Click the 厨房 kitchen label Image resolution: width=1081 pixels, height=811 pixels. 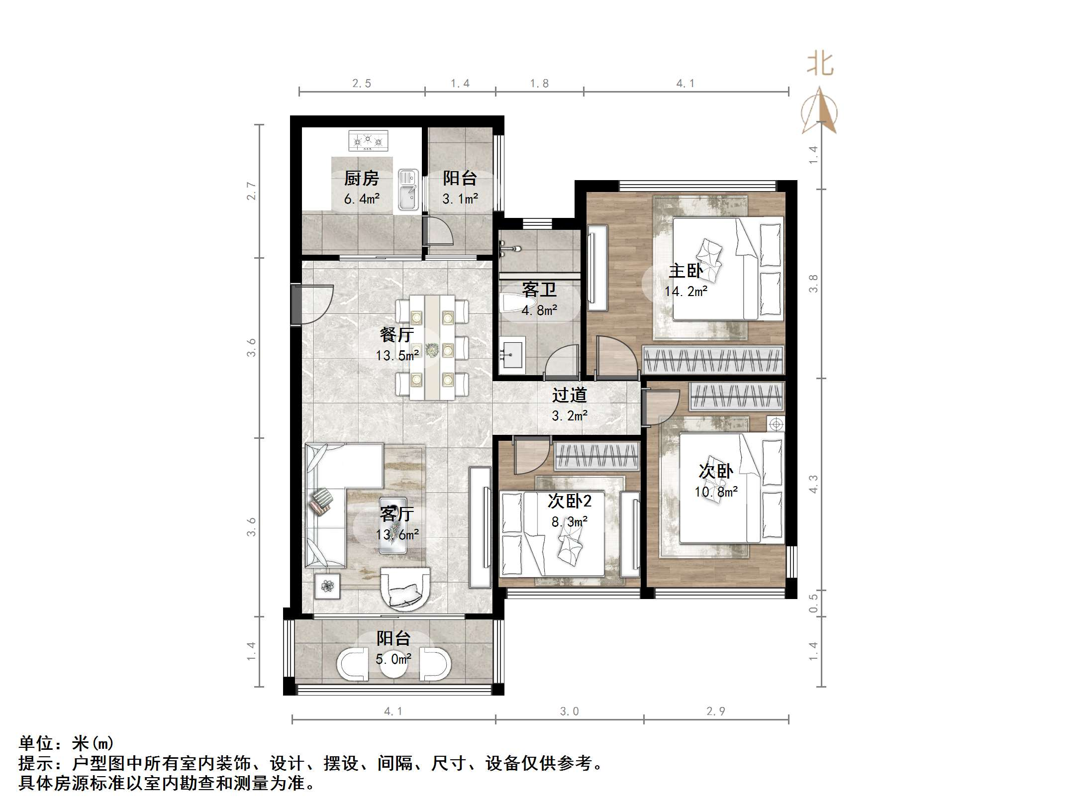pyautogui.click(x=362, y=178)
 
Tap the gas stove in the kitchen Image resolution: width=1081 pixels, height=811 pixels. pyautogui.click(x=368, y=141)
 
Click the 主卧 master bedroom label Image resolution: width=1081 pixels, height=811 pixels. pyautogui.click(x=686, y=271)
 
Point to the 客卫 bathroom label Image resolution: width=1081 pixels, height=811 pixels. pyautogui.click(x=539, y=290)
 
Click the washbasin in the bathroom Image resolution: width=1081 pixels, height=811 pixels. pyautogui.click(x=512, y=355)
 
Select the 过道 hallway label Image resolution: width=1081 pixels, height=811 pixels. pyautogui.click(x=570, y=395)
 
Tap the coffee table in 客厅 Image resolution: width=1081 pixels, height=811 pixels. pyautogui.click(x=393, y=524)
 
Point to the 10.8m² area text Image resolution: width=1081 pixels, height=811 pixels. pyautogui.click(x=716, y=492)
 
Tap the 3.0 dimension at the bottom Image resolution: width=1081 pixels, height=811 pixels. pyautogui.click(x=570, y=711)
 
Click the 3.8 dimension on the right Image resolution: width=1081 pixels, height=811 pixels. pyautogui.click(x=813, y=284)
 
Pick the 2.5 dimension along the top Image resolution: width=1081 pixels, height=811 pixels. pyautogui.click(x=362, y=84)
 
